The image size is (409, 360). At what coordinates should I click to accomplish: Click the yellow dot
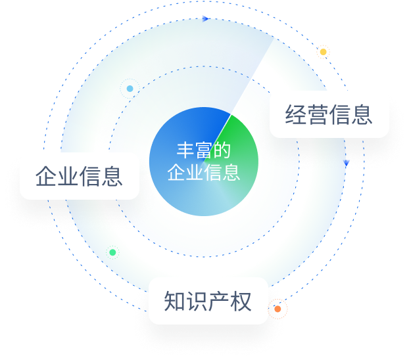click(x=323, y=52)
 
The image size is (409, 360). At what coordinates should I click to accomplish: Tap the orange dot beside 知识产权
click(x=277, y=309)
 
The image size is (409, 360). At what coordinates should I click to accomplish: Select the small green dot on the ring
click(x=112, y=252)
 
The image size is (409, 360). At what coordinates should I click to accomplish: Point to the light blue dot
click(x=130, y=89)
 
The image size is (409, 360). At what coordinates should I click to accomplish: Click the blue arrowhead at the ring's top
click(x=206, y=19)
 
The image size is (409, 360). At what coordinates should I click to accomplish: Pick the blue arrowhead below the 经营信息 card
click(x=346, y=163)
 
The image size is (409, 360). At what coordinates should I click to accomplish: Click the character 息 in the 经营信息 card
click(x=362, y=114)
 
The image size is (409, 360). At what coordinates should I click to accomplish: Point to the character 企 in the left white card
click(x=46, y=176)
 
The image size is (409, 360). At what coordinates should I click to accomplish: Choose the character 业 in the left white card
click(x=68, y=176)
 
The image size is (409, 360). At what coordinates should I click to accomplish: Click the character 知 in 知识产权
click(x=175, y=302)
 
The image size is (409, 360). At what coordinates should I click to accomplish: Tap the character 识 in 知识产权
click(x=197, y=302)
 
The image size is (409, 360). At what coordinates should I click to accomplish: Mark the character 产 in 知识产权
click(x=218, y=302)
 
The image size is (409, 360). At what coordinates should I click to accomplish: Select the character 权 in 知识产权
click(x=241, y=302)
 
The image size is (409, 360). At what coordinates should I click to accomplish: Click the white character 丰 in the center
click(x=185, y=150)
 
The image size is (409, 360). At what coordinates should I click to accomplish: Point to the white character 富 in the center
click(x=203, y=150)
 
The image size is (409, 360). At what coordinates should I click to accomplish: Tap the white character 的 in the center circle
click(x=222, y=150)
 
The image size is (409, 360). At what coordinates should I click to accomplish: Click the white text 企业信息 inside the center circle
click(x=204, y=172)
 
